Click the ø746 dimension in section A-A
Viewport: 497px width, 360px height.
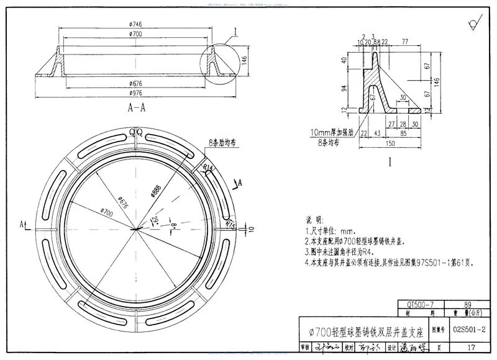(x=136, y=24)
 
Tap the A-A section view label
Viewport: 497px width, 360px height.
(x=137, y=107)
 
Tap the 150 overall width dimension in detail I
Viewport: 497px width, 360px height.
(x=390, y=143)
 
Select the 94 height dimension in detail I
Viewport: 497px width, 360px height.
(x=344, y=88)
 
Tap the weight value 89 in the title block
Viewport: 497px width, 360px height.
(x=468, y=305)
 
